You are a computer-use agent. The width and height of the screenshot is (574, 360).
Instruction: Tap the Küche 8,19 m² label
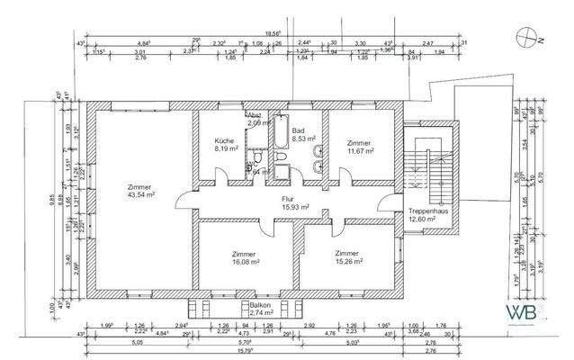[225, 147]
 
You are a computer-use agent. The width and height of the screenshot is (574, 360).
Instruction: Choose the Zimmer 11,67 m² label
[360, 147]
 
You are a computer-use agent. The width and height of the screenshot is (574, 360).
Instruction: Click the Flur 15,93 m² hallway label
[294, 202]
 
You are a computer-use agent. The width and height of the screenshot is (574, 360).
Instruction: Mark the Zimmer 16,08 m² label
[244, 258]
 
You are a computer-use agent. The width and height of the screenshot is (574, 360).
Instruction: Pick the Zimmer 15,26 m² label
[347, 258]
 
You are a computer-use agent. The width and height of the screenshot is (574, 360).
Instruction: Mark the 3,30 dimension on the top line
[360, 42]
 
